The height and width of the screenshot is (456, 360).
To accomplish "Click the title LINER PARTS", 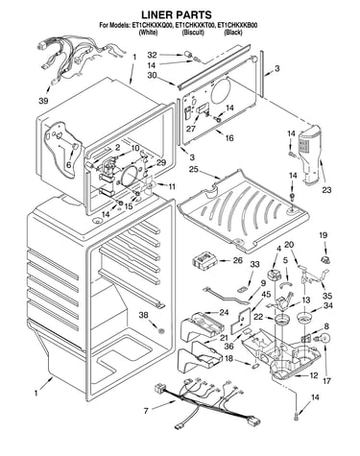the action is point(177,14).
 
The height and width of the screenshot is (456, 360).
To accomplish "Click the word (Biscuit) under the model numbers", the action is point(193,33).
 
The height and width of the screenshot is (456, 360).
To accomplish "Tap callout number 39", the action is point(43,101).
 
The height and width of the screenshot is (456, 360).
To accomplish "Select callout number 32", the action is point(152,55).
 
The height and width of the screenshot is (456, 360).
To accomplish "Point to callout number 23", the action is point(326,190).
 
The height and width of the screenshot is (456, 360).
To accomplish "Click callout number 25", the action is point(193,169).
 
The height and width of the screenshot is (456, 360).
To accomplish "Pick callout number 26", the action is point(237,260).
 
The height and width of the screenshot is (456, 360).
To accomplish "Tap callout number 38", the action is point(143,315).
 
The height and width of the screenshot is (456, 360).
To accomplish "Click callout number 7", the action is point(146,411).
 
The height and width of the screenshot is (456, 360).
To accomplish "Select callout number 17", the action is point(326,381).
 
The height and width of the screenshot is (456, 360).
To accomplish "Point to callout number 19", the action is point(323,235).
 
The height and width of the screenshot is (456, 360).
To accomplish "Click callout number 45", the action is point(266,294).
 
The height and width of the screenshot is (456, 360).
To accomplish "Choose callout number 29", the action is point(161,162).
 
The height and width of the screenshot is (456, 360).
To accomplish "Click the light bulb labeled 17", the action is point(324,339).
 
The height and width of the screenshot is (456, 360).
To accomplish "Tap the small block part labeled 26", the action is point(204,259).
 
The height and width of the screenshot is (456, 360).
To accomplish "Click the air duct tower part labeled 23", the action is point(309,155).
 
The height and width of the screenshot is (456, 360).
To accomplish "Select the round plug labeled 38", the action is point(161,330).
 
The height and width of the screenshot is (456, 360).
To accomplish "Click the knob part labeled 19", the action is point(325,259).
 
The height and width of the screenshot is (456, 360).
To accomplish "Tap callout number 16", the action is point(229,138).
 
